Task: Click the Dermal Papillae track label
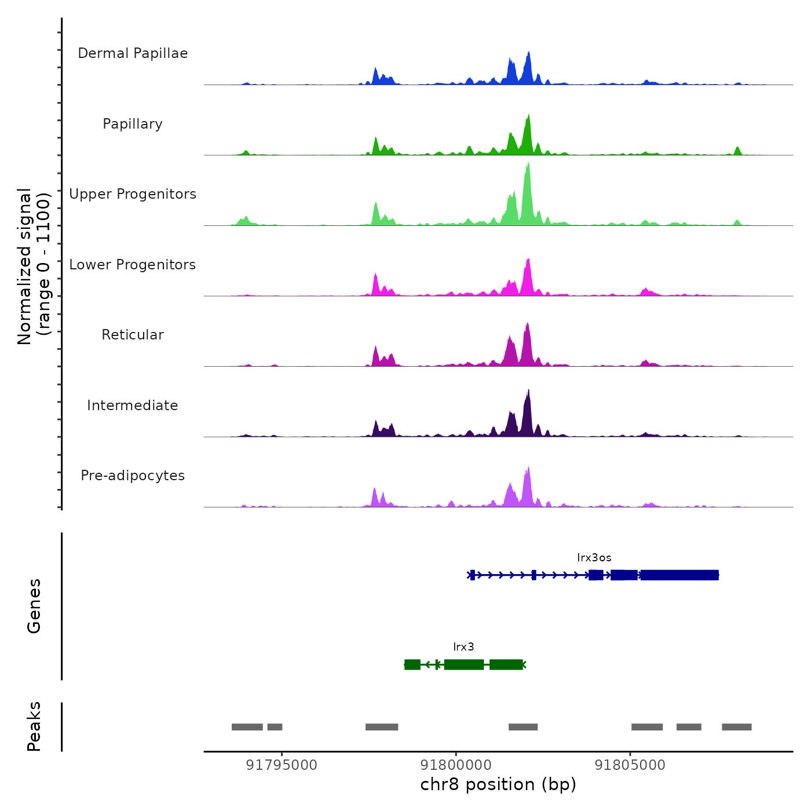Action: (133, 53)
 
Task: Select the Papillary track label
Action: (133, 124)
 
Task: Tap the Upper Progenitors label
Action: (133, 194)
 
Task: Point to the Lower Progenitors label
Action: (133, 265)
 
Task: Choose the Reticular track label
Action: (133, 335)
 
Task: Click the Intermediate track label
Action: (133, 405)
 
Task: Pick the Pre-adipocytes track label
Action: (133, 476)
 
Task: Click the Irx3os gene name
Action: (594, 558)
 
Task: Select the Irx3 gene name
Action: (463, 647)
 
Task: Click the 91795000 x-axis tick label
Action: (282, 765)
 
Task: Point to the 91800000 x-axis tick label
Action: (456, 765)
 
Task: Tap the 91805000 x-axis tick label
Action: (630, 765)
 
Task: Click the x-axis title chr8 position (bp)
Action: (498, 785)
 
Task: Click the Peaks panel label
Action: (34, 726)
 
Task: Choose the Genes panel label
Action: (34, 606)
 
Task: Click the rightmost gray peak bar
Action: (736, 727)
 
